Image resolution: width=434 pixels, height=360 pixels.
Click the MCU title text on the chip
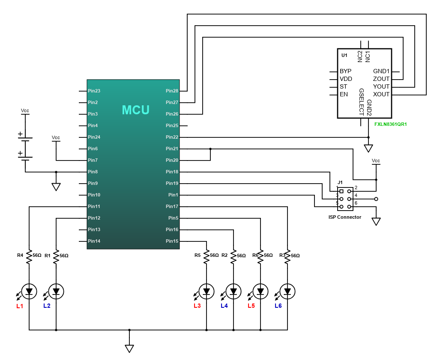[x=136, y=110]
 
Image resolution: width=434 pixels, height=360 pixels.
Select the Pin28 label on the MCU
[x=172, y=91]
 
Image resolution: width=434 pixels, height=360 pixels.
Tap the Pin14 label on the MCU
[x=94, y=241]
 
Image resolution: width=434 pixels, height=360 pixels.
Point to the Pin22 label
[x=172, y=137]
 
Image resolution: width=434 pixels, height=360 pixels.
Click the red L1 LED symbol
[x=29, y=292]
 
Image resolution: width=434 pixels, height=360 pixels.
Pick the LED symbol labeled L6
[x=287, y=292]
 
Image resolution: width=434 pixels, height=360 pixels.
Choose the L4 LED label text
[x=224, y=306]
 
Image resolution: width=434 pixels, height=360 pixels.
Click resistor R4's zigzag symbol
[x=29, y=256]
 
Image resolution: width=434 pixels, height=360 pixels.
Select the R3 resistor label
[x=282, y=255]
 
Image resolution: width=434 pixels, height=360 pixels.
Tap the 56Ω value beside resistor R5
[x=214, y=255]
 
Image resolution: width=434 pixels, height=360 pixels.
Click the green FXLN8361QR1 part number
[x=391, y=125]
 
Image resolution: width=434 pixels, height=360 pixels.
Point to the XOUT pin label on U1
[x=381, y=94]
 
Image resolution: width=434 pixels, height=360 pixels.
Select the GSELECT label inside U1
[x=361, y=102]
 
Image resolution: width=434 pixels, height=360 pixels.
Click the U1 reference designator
[x=344, y=55]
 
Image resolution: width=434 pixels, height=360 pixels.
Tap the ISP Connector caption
[x=345, y=217]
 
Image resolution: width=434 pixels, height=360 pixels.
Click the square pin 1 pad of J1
[x=341, y=191]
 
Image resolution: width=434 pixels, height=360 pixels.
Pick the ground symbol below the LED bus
[x=129, y=348]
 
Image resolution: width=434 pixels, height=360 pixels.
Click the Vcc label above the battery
[x=25, y=110]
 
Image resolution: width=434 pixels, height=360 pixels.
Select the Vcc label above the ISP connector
[x=376, y=161]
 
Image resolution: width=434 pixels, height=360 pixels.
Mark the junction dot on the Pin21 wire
[x=210, y=149]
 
